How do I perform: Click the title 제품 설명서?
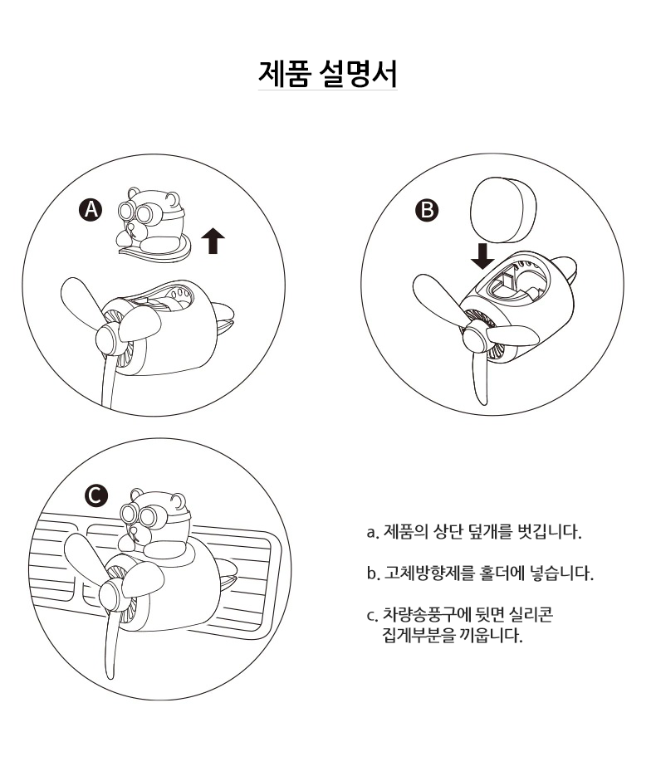pos(328,74)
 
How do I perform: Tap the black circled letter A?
pos(91,210)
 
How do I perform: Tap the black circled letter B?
pos(427,210)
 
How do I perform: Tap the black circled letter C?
pos(95,495)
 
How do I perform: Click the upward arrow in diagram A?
pos(213,241)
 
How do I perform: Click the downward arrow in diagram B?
pos(482,255)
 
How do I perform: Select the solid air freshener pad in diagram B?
pos(503,211)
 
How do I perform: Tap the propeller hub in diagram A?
pos(109,339)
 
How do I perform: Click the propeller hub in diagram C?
pos(112,595)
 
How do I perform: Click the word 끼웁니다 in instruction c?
pos(490,636)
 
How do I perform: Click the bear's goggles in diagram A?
pos(137,212)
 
